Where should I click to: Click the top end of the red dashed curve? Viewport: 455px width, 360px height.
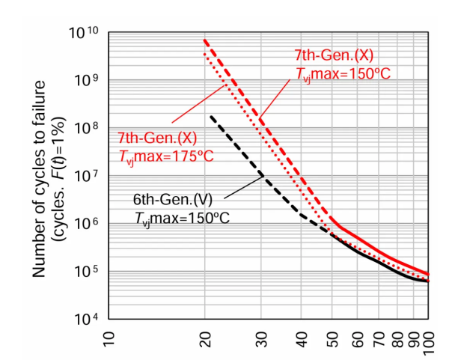pos(204,40)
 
